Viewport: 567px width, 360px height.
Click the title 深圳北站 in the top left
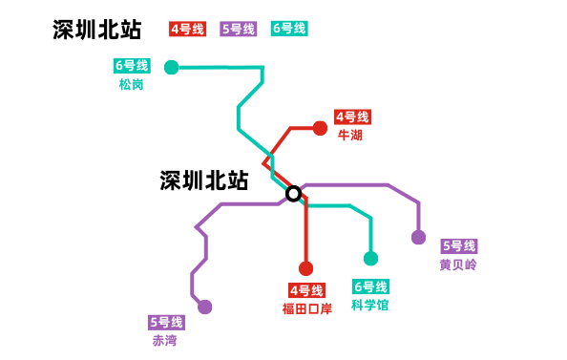(97, 30)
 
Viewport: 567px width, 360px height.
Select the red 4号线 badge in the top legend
(187, 29)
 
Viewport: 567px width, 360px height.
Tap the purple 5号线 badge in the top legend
(238, 29)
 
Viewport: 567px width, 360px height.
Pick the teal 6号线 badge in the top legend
(289, 29)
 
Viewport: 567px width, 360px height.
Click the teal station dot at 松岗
(171, 67)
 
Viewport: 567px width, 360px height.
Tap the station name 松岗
(131, 84)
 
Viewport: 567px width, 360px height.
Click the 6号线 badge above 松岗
(131, 66)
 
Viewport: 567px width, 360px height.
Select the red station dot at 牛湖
(320, 128)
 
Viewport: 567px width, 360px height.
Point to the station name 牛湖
(350, 136)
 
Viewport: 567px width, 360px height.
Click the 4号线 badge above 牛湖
(351, 117)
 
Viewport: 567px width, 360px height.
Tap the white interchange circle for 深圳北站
(294, 193)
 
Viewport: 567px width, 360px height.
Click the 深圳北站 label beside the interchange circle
(203, 180)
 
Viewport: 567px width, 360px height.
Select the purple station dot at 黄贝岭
(418, 237)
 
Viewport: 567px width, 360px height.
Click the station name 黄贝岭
(458, 265)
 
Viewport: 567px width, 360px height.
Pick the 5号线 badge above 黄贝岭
(458, 246)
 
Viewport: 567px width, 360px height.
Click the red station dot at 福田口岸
(305, 268)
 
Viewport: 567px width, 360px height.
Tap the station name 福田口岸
(306, 308)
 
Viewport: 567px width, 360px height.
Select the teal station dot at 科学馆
(371, 258)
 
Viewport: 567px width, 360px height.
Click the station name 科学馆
(370, 306)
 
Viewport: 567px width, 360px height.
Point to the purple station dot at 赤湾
(204, 307)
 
